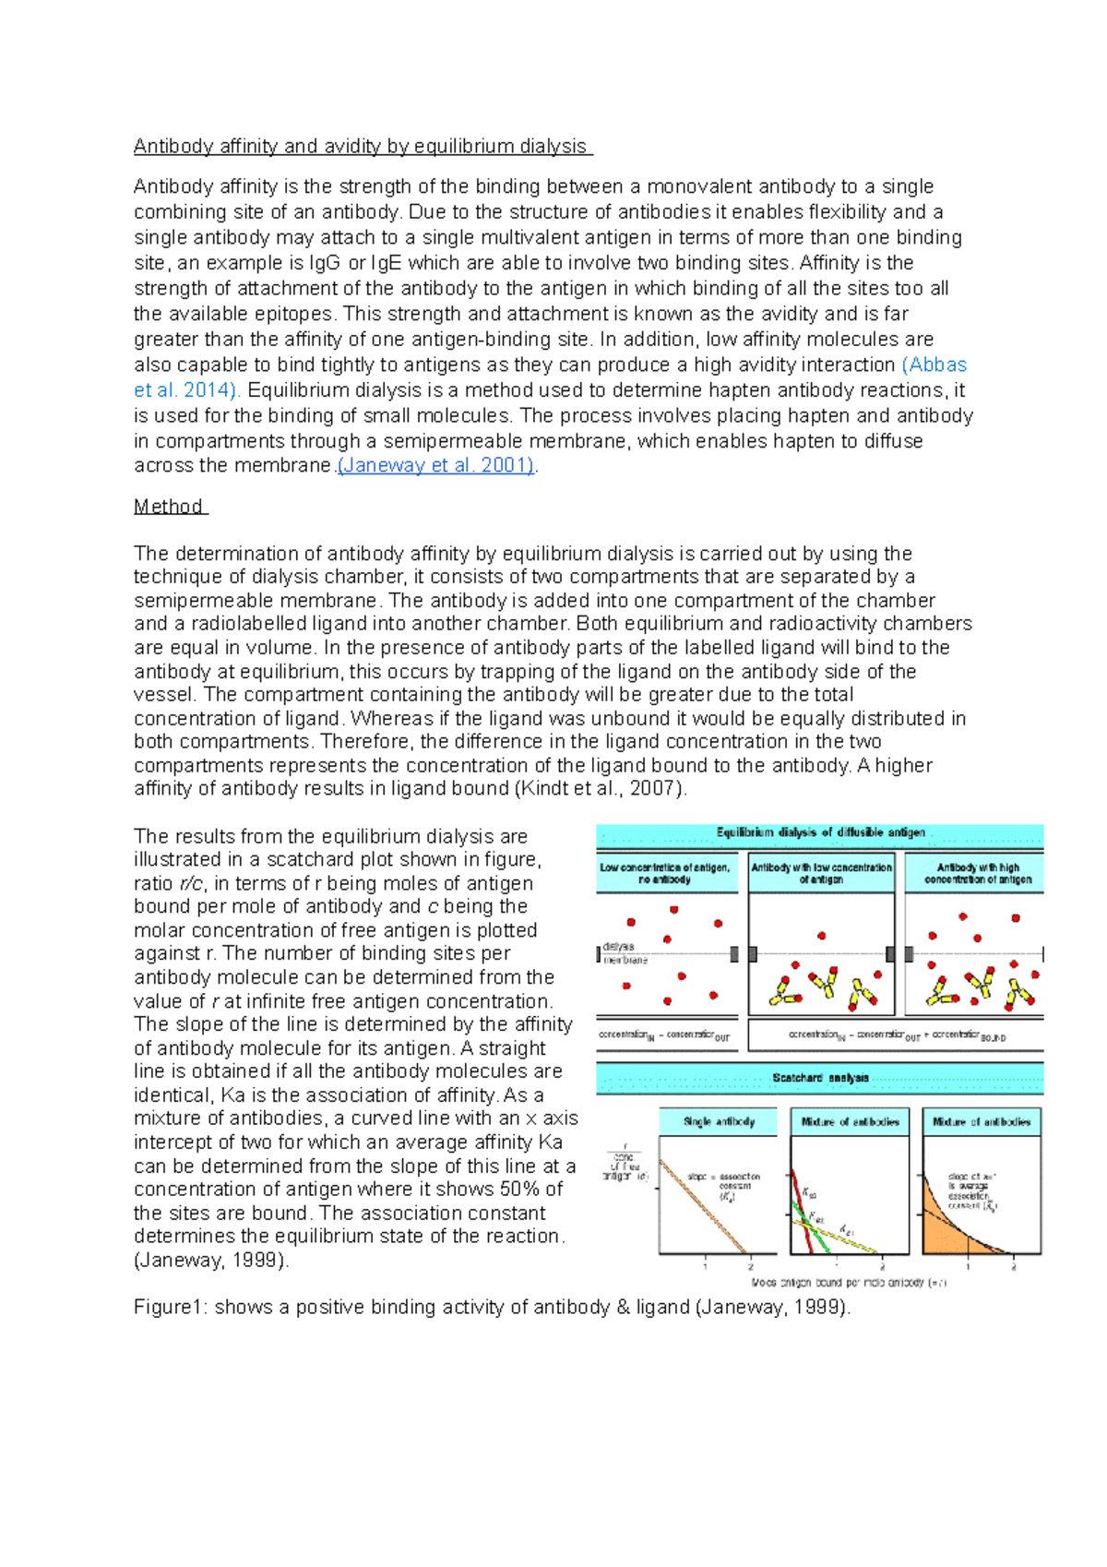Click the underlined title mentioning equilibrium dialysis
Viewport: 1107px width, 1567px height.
(362, 147)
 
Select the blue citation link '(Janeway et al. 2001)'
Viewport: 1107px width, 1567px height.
(435, 466)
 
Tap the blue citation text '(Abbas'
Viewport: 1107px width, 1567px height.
(934, 365)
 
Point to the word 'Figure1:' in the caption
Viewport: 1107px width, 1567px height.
(171, 1308)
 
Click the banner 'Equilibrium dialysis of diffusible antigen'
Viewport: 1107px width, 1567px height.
(820, 833)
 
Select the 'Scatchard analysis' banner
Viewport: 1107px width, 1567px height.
(820, 1078)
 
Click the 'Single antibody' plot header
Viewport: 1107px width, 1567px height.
(719, 1122)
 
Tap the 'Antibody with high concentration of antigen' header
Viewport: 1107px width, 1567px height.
(977, 874)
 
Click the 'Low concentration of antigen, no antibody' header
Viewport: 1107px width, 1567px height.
(665, 874)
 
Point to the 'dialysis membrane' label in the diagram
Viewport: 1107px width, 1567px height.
(625, 953)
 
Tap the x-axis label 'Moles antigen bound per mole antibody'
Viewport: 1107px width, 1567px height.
(849, 1283)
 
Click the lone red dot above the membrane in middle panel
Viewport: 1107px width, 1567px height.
(821, 936)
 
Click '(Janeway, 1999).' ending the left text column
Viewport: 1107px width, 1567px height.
(211, 1261)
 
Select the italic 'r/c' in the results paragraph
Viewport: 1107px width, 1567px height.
(190, 884)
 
